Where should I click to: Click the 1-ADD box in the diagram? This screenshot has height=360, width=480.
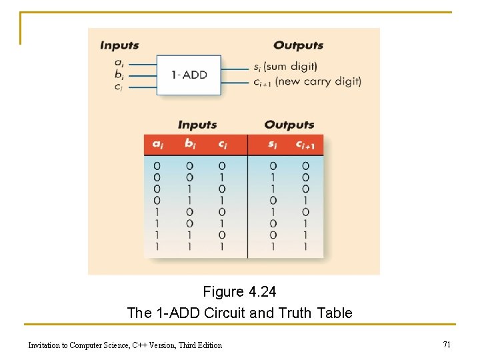pyautogui.click(x=189, y=75)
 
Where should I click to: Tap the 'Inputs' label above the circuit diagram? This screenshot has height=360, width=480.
pyautogui.click(x=119, y=46)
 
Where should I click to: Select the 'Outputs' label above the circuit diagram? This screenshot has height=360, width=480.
pyautogui.click(x=298, y=46)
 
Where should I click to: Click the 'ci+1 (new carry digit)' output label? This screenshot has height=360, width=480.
pyautogui.click(x=307, y=82)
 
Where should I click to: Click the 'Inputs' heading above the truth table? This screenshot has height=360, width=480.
pyautogui.click(x=197, y=125)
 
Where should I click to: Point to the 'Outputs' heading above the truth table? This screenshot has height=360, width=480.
pyautogui.click(x=289, y=125)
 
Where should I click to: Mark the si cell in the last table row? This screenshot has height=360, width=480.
pyautogui.click(x=273, y=246)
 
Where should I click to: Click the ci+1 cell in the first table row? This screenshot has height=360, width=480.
pyautogui.click(x=305, y=166)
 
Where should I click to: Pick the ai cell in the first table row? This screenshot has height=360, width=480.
pyautogui.click(x=157, y=166)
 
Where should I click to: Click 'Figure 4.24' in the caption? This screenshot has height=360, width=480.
pyautogui.click(x=239, y=292)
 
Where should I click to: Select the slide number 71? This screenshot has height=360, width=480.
pyautogui.click(x=447, y=344)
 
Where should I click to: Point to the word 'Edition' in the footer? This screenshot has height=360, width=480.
pyautogui.click(x=207, y=345)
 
